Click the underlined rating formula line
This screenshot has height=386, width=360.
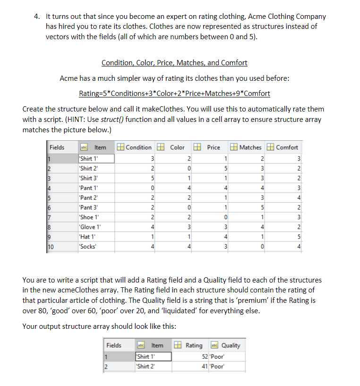click(174, 93)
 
